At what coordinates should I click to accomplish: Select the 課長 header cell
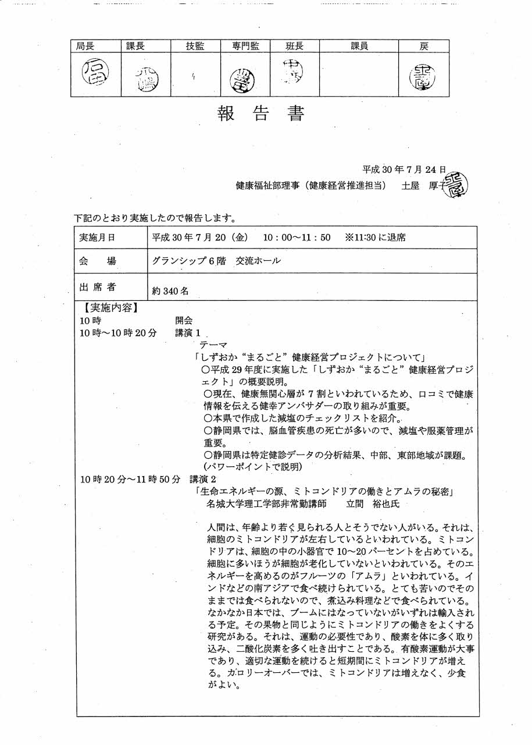coord(135,46)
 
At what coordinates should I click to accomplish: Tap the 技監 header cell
coord(195,46)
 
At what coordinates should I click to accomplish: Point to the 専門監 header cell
coord(244,46)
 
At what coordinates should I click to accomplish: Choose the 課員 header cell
coord(359,46)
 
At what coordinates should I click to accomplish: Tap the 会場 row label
coord(97,261)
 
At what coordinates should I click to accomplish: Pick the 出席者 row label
coord(97,286)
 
